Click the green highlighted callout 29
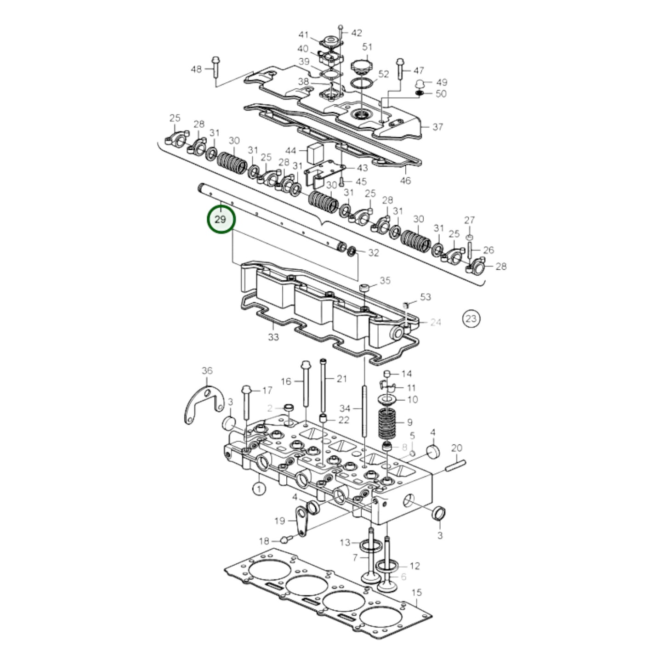[221, 220]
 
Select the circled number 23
[471, 318]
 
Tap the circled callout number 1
[259, 488]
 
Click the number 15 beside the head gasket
[416, 592]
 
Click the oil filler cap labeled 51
[360, 66]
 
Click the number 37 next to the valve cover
[437, 126]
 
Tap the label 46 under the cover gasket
[405, 181]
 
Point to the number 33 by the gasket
[273, 337]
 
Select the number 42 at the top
[357, 33]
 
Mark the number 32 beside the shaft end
[373, 253]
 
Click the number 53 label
[426, 297]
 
